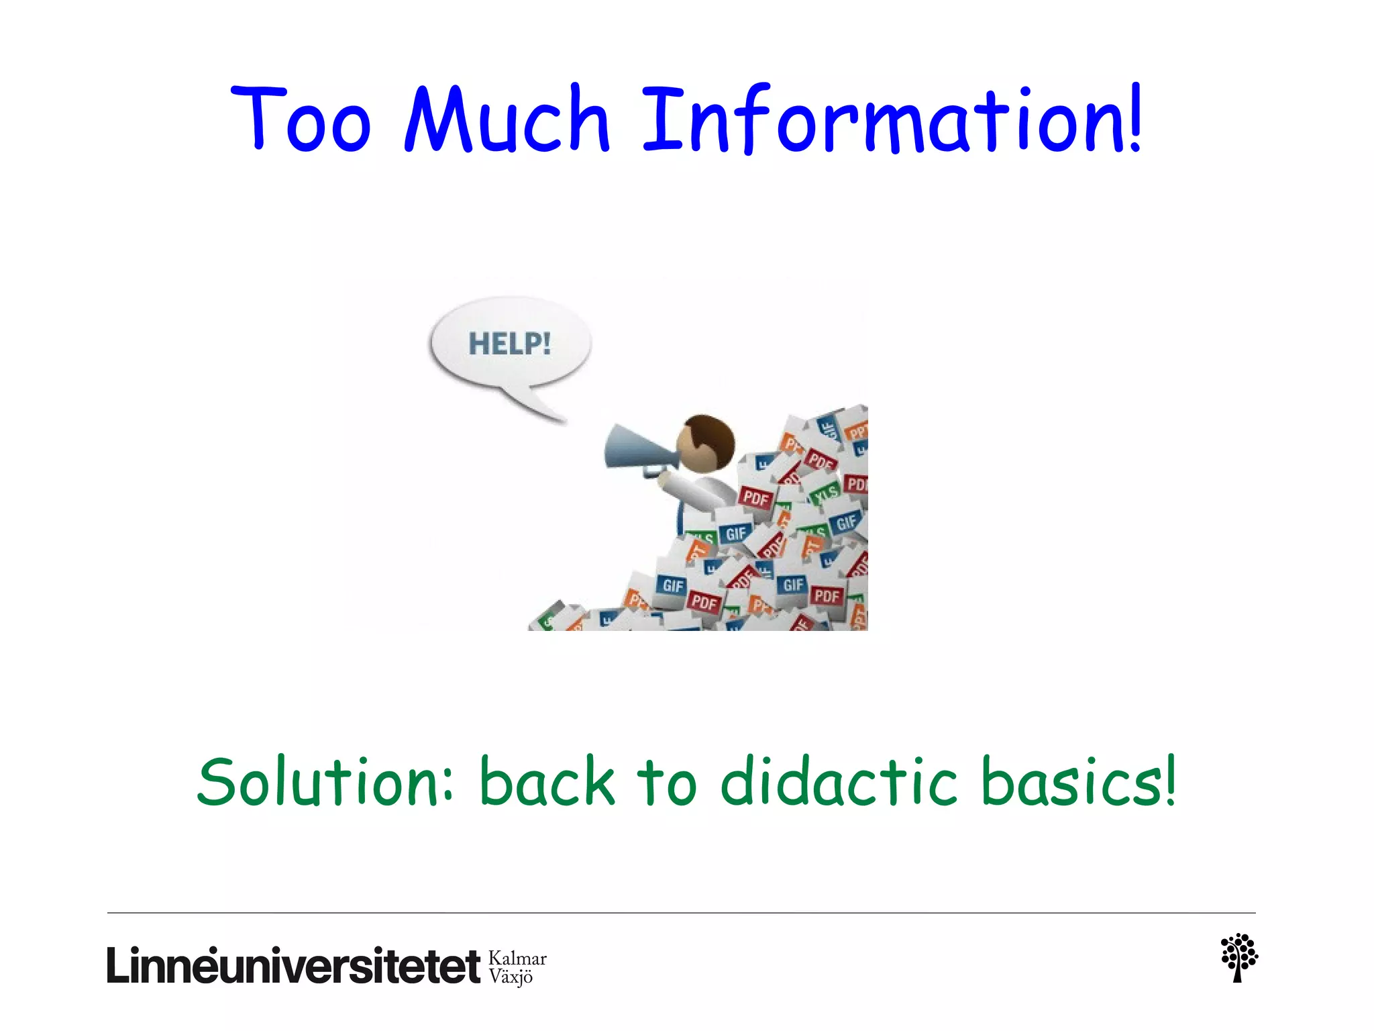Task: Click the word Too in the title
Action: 301,119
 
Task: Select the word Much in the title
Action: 507,119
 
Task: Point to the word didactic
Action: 839,783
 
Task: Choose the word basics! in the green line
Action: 1077,783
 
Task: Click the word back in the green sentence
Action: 547,783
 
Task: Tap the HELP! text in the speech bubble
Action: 510,344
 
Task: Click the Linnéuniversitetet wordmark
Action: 293,967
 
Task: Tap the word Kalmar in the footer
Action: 517,959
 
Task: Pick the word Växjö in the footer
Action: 511,977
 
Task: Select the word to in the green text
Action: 667,783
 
